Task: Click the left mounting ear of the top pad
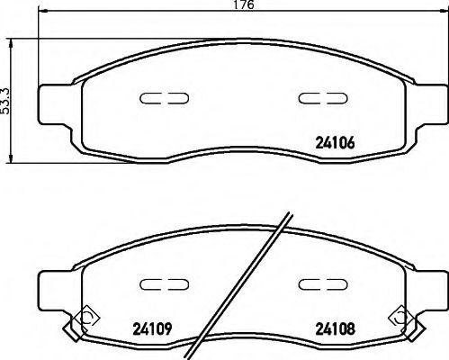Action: tap(55, 97)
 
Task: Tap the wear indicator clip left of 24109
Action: tap(85, 316)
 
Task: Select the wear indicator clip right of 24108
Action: tap(399, 316)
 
